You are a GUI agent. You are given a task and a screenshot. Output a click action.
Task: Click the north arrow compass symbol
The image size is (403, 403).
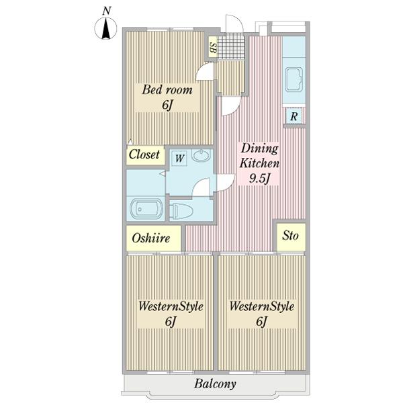point(105,28)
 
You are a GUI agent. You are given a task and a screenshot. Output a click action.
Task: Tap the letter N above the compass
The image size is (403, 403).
point(106,11)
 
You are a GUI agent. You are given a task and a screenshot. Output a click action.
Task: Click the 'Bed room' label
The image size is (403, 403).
point(167,90)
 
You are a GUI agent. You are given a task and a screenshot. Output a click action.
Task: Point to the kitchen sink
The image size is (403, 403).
point(294,79)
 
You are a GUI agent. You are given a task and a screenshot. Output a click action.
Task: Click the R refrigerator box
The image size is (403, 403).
point(294,116)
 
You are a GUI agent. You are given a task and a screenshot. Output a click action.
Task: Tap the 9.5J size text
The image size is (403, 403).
point(260,178)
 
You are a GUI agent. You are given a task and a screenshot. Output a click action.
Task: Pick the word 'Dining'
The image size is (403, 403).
point(259,149)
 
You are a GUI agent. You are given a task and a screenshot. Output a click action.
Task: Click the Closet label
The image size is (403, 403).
point(144,154)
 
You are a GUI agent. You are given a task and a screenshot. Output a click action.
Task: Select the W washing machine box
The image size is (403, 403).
point(179,158)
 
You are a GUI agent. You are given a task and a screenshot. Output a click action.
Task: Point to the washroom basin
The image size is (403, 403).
point(201,156)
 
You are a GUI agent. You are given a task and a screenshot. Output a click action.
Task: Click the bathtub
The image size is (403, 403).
point(146,209)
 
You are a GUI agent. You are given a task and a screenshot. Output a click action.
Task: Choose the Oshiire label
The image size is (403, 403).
point(151,238)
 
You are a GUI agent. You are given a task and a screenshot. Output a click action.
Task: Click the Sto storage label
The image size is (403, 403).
point(290,236)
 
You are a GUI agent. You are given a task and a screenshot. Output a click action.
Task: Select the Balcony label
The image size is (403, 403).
point(215,384)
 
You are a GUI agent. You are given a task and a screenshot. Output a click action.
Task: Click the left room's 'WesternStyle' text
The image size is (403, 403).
point(171,306)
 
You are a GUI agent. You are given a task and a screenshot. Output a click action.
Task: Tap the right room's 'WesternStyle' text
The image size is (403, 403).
point(262,306)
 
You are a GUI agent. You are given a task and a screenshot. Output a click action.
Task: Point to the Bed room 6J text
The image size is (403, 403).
point(167,105)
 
